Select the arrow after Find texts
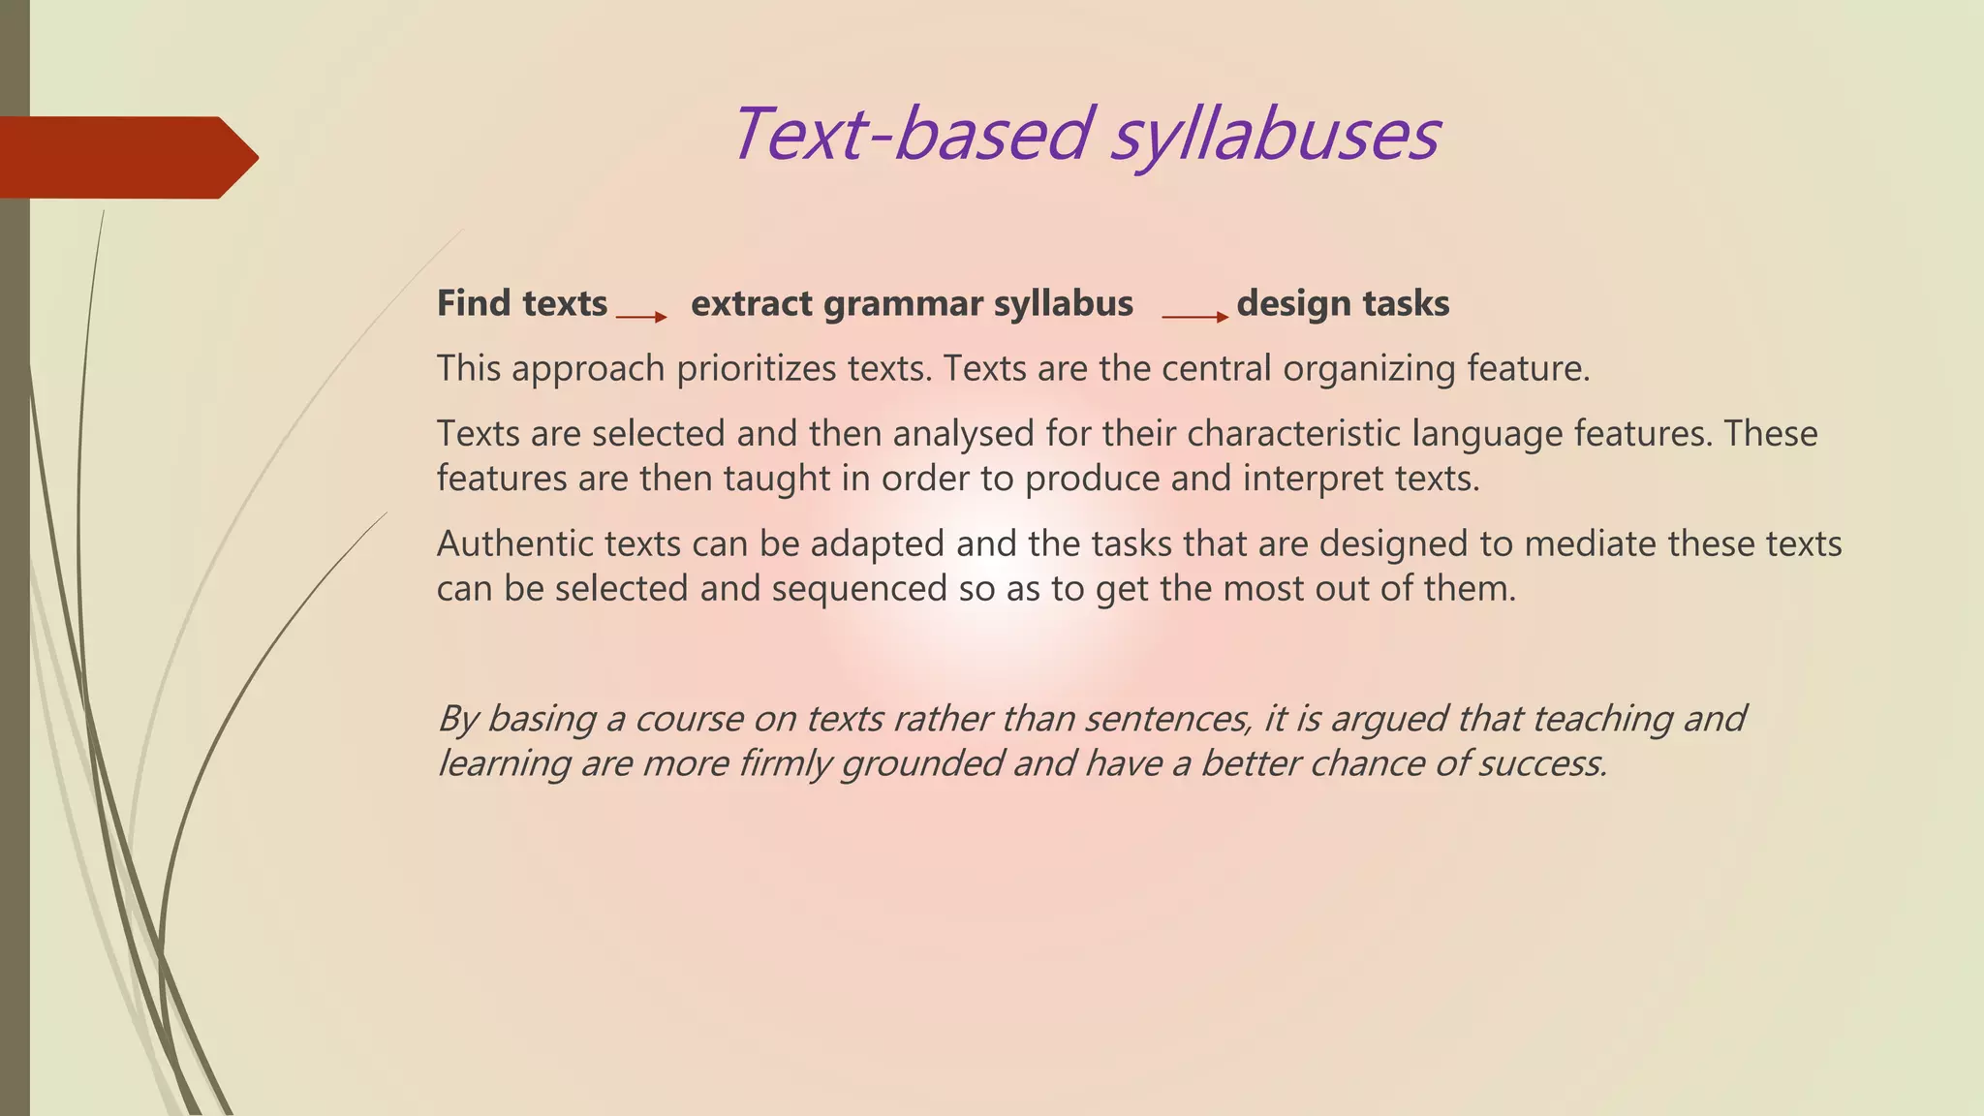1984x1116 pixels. [x=641, y=317]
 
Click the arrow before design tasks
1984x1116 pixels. [x=1194, y=317]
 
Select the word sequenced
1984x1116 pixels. [x=859, y=589]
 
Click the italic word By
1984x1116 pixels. [x=458, y=719]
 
